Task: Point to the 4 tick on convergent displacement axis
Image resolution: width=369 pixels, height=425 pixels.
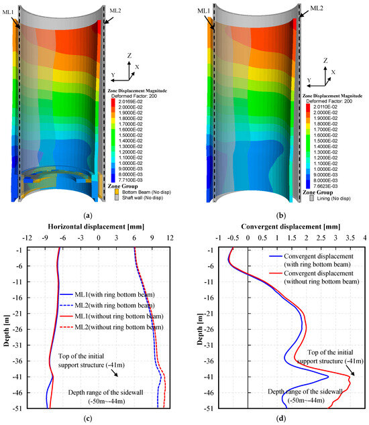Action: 364,237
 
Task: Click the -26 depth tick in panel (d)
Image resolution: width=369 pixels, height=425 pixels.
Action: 209,329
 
